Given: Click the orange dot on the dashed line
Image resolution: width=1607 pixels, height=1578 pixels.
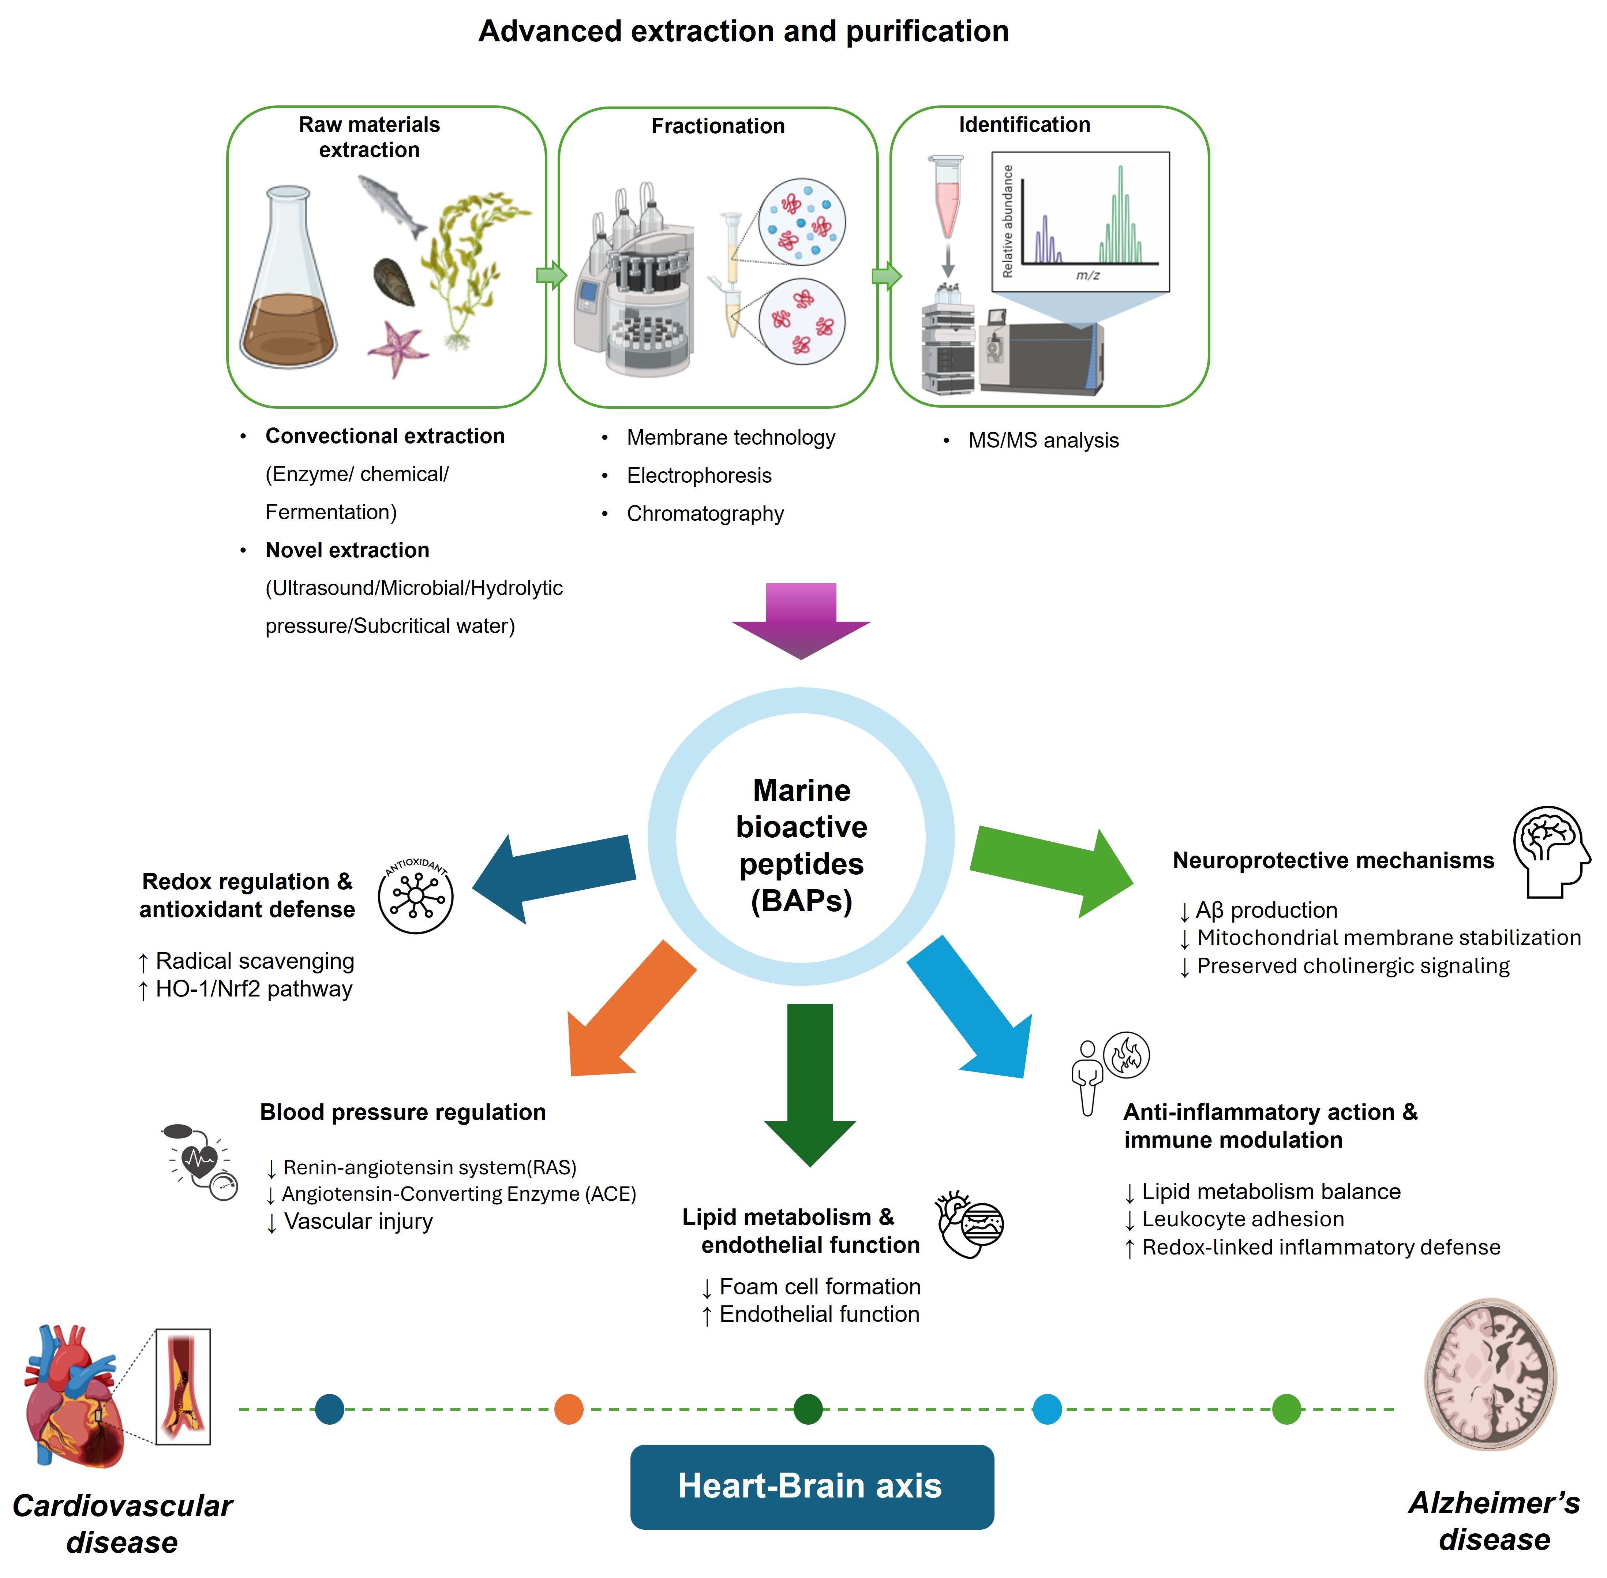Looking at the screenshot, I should [x=569, y=1409].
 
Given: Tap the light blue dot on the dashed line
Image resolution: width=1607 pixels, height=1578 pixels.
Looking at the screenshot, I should [x=1048, y=1409].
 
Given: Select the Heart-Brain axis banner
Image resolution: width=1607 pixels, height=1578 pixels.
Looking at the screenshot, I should [x=812, y=1486].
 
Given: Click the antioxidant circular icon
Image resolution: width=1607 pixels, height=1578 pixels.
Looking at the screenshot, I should [x=416, y=895].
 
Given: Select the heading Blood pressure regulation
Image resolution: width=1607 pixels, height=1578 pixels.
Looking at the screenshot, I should [x=403, y=1112].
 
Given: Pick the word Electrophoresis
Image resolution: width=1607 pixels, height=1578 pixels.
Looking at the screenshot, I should [x=698, y=476].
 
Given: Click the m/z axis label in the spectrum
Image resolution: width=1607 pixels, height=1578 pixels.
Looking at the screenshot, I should [x=1087, y=275].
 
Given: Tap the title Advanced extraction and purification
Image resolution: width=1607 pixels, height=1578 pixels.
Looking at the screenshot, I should [x=743, y=31].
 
